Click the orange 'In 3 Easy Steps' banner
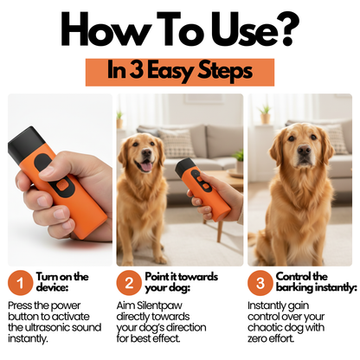coord(179,71)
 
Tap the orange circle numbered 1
coord(19,283)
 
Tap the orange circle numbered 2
coord(128,283)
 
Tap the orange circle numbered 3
coord(260,283)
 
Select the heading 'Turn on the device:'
coord(62,283)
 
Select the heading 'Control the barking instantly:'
coord(302,283)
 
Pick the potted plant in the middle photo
coord(238,160)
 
